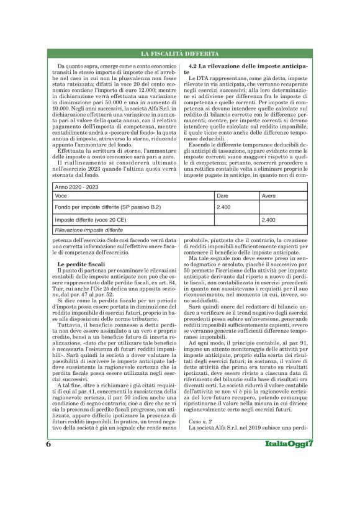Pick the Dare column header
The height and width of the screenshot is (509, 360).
[222, 195]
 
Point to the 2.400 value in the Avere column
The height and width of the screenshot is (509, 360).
[270, 220]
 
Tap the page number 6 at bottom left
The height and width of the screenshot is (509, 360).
[48, 479]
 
